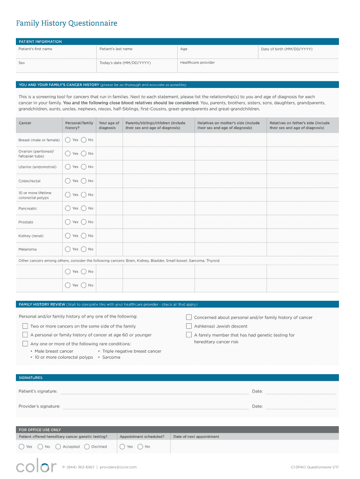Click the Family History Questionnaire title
[x=66, y=23]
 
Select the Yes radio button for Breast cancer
[x=68, y=140]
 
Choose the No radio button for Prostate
[x=84, y=222]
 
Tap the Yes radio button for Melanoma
[x=68, y=249]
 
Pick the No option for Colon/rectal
[x=84, y=181]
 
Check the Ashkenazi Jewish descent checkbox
[x=189, y=326]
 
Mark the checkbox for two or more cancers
[x=25, y=326]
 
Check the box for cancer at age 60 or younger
[x=25, y=335]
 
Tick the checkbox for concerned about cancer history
[x=189, y=317]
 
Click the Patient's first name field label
[x=35, y=49]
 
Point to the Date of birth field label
[x=287, y=49]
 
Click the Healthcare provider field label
[x=197, y=62]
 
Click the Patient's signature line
[x=154, y=392]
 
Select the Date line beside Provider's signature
[x=300, y=407]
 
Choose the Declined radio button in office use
[x=87, y=447]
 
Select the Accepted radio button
[x=58, y=447]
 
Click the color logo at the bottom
[x=36, y=466]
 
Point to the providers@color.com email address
[x=118, y=467]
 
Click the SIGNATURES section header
[x=30, y=377]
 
